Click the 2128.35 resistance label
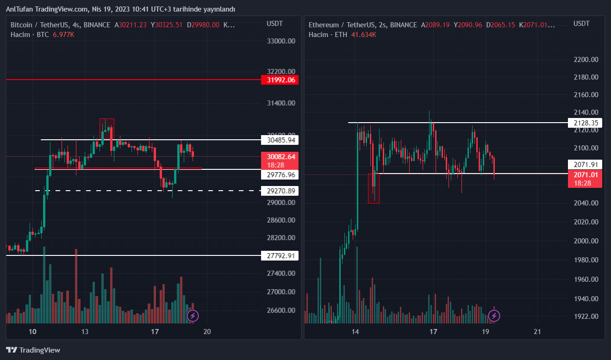click(585, 123)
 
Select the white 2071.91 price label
click(585, 164)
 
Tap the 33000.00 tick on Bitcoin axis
click(281, 41)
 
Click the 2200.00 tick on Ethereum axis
click(585, 60)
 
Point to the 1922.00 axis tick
click(585, 317)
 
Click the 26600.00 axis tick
click(281, 310)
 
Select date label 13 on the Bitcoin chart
click(85, 331)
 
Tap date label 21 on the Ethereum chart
click(537, 331)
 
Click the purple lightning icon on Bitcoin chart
click(193, 316)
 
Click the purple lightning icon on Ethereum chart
click(494, 316)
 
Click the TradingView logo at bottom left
click(33, 350)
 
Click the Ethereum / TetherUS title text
click(340, 25)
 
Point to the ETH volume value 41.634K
click(363, 35)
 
